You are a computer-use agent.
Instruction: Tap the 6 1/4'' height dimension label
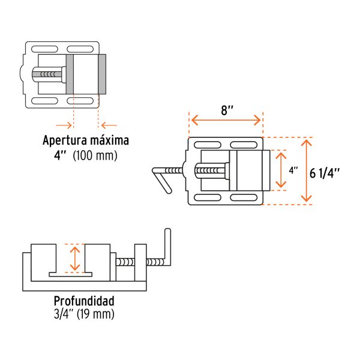(325, 173)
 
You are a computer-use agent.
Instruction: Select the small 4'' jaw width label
(293, 170)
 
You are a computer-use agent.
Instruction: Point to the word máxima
(109, 140)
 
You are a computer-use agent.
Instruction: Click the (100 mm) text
(95, 155)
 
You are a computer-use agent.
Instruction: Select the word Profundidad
(84, 301)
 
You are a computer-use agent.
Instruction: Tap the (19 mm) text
(95, 314)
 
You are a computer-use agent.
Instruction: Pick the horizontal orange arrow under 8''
(226, 120)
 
